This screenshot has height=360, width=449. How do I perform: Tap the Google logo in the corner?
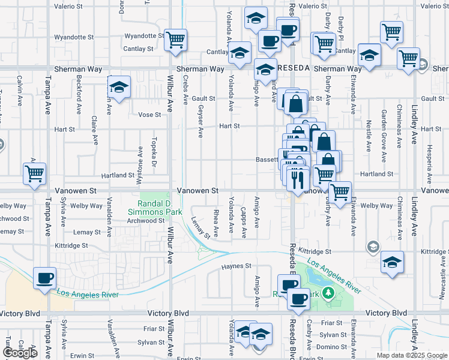(20, 352)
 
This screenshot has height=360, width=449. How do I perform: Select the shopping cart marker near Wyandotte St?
(175, 40)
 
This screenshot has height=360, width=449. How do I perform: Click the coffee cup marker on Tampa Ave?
(44, 278)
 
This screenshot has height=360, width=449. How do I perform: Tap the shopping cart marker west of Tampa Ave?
(34, 173)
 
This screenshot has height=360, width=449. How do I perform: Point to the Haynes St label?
(236, 266)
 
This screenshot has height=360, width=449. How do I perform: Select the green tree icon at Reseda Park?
(328, 293)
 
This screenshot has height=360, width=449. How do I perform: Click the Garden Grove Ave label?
(384, 130)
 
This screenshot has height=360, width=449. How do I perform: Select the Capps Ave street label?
(243, 222)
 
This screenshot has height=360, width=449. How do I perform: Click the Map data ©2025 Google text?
(411, 355)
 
